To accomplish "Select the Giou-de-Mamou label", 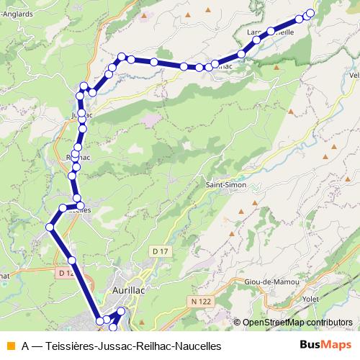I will pos(271,282).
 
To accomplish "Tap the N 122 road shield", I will pos(204,300).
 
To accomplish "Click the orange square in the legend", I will pos(10,346).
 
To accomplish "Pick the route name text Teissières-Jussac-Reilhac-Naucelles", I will pos(133,346).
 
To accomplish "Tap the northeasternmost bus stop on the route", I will pos(311,13).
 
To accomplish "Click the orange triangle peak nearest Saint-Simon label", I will pos(253,204).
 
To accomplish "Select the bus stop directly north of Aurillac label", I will pos(121,311).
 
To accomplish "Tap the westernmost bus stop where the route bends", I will pos(50,228).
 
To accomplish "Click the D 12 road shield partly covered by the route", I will pos(66,273).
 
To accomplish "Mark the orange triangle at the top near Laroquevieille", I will pos(208,9).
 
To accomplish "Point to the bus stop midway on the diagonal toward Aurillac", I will pos(72,260).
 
